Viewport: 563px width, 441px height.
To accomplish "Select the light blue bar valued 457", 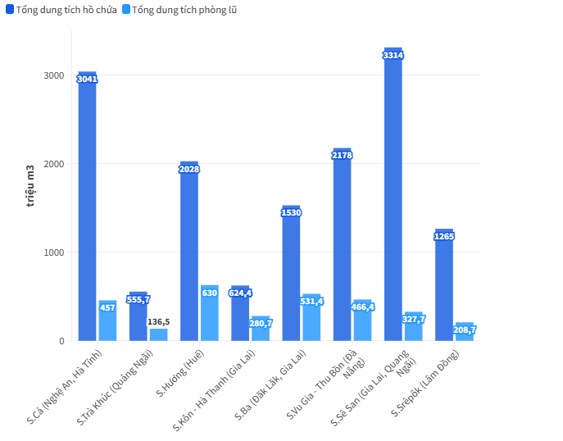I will tap(107, 321).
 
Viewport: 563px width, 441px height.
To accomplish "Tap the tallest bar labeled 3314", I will tap(393, 197).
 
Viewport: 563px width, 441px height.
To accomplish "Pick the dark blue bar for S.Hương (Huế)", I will tap(189, 254).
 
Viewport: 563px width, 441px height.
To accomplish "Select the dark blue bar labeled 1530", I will tap(291, 275).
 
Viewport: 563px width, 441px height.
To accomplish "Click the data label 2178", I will tap(342, 155).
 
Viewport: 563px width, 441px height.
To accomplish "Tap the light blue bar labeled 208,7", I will tap(465, 332).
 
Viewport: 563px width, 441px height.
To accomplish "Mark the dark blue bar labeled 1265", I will tap(444, 287).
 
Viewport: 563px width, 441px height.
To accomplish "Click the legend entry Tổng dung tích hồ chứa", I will tap(61, 10).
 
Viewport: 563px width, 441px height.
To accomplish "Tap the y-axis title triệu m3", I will tap(30, 184).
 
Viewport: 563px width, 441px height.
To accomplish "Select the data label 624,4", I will tap(240, 293).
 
